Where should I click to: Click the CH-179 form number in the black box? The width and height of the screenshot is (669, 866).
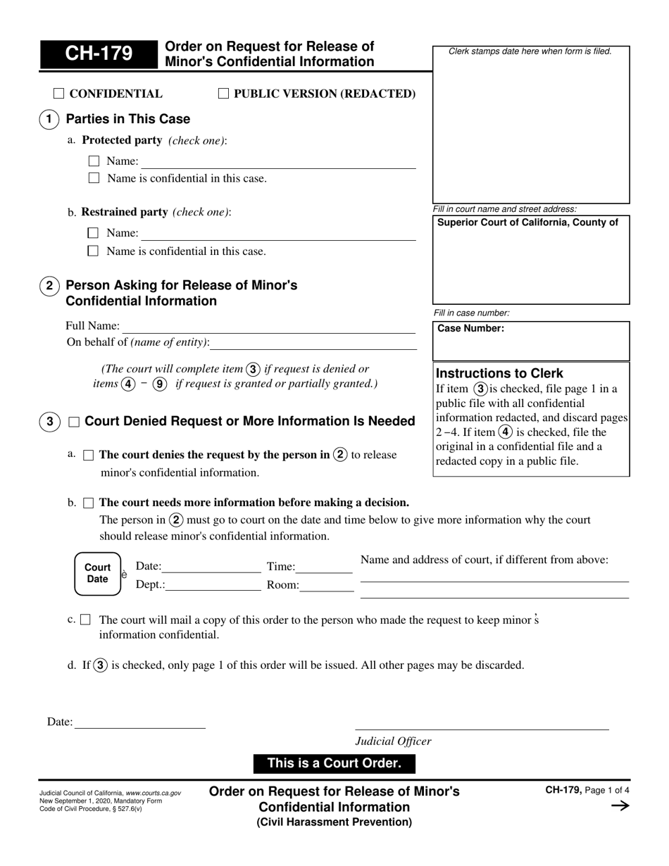(99, 55)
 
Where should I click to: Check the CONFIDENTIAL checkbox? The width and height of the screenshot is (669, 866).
(59, 94)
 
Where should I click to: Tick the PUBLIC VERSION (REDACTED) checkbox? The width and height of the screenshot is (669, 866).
(223, 94)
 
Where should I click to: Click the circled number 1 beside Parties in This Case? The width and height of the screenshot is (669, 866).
(48, 119)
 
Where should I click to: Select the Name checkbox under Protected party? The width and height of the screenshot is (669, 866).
(94, 161)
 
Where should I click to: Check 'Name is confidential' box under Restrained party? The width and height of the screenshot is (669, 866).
(94, 251)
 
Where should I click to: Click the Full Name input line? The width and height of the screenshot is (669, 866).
(269, 327)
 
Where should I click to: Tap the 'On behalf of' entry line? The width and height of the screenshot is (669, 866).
(313, 343)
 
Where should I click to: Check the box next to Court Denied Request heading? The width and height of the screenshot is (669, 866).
(74, 422)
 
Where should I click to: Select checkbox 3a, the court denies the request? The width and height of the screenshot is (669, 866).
(88, 456)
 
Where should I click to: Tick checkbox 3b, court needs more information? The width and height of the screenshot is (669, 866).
(88, 503)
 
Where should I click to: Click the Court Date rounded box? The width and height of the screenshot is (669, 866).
(98, 574)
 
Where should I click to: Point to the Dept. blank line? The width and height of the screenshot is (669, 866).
(213, 585)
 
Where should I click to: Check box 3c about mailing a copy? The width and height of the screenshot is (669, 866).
(86, 620)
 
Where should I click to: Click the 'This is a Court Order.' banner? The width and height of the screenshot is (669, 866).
(334, 763)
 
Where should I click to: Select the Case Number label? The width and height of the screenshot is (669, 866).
(471, 328)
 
